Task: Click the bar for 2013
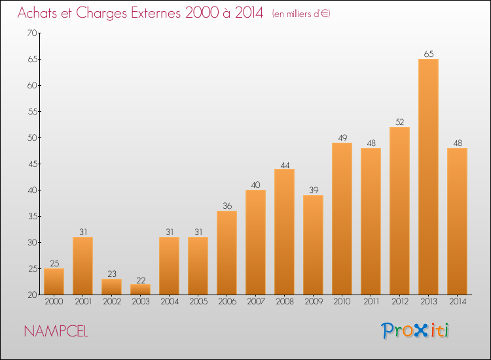pyautogui.click(x=428, y=177)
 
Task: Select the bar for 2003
pyautogui.click(x=140, y=289)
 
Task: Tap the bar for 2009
pyautogui.click(x=313, y=245)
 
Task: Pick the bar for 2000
pyautogui.click(x=54, y=281)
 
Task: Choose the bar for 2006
pyautogui.click(x=227, y=253)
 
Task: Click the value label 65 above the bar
pyautogui.click(x=429, y=54)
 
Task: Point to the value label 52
pyautogui.click(x=399, y=122)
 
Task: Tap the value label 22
pyautogui.click(x=141, y=281)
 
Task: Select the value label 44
pyautogui.click(x=285, y=166)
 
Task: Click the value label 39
pyautogui.click(x=314, y=190)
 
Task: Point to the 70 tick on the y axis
pyautogui.click(x=32, y=33)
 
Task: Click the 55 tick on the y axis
pyautogui.click(x=32, y=111)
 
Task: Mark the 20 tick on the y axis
pyautogui.click(x=32, y=295)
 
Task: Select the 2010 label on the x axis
pyautogui.click(x=342, y=302)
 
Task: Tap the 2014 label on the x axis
pyautogui.click(x=458, y=302)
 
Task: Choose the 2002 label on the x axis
pyautogui.click(x=112, y=302)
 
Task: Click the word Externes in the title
pyautogui.click(x=156, y=13)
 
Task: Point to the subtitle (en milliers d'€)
pyautogui.click(x=301, y=14)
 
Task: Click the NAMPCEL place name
pyautogui.click(x=56, y=331)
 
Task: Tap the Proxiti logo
pyautogui.click(x=415, y=331)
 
